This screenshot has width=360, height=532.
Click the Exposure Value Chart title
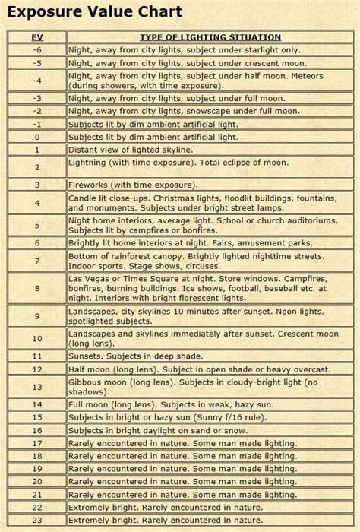[95, 12]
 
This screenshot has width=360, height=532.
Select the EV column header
[36, 37]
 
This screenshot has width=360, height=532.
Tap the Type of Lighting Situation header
[210, 37]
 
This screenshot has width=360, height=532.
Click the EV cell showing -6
[36, 49]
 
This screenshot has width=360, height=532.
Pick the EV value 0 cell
[36, 137]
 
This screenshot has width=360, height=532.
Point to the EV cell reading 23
[36, 520]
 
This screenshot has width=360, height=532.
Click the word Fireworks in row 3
[90, 185]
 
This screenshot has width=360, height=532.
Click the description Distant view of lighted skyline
[131, 150]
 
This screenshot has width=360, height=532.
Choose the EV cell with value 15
[36, 417]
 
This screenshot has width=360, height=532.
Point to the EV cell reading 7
[36, 261]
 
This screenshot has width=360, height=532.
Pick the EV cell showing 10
[36, 338]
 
